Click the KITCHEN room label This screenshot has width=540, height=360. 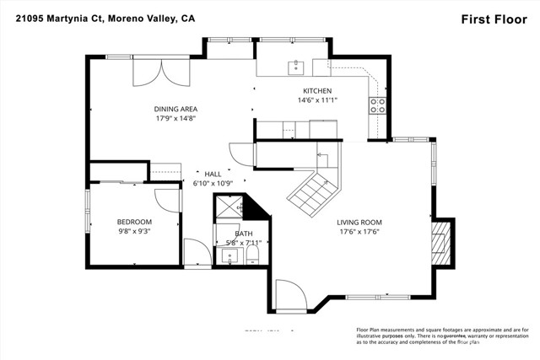pyautogui.click(x=317, y=90)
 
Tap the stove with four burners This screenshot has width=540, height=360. pyautogui.click(x=377, y=105)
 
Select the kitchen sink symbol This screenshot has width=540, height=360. pyautogui.click(x=295, y=67)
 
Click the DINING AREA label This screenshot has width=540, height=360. pyautogui.click(x=175, y=109)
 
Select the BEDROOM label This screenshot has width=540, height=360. pyautogui.click(x=134, y=221)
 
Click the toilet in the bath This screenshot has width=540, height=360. pyautogui.click(x=251, y=255)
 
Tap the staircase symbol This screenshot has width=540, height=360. pyautogui.click(x=313, y=189)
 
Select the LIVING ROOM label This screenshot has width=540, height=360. pyautogui.click(x=360, y=222)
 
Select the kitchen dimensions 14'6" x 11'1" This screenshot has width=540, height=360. pyautogui.click(x=317, y=99)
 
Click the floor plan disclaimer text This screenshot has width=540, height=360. pyautogui.click(x=439, y=335)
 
